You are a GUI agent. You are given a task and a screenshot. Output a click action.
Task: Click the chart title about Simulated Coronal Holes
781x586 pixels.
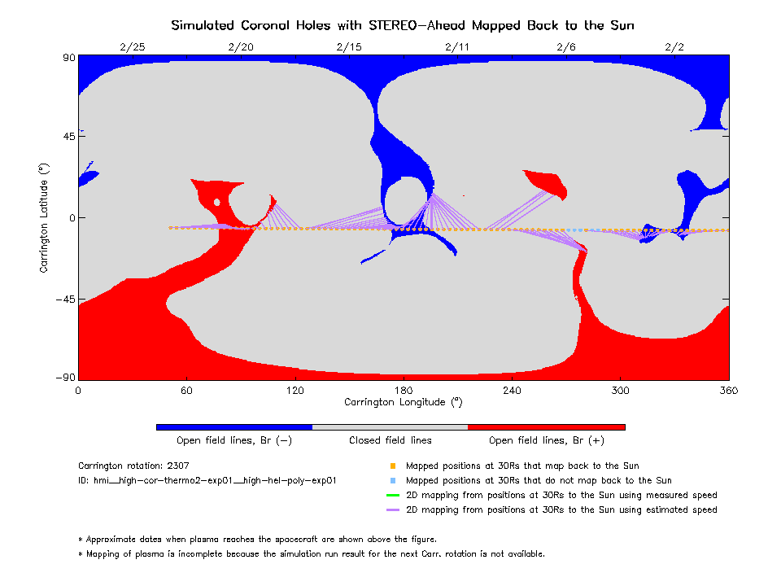(402, 25)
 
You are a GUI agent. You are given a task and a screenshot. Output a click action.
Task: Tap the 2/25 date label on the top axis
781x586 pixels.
(132, 46)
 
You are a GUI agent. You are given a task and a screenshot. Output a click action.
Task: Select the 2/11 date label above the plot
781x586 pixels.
(457, 46)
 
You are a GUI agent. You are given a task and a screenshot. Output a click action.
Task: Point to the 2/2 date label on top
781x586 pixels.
(674, 46)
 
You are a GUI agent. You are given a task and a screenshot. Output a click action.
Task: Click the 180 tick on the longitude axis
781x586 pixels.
(404, 390)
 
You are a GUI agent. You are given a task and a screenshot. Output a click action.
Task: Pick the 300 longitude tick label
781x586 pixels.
(620, 390)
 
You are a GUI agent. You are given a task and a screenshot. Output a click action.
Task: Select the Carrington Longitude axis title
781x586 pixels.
(404, 402)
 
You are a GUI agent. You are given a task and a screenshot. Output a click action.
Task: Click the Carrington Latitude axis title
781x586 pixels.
(44, 217)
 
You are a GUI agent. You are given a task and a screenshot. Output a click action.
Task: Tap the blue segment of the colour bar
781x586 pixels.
(234, 426)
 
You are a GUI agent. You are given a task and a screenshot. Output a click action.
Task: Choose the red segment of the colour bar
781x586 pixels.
(546, 426)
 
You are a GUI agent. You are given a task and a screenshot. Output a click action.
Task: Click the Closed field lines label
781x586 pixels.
(390, 440)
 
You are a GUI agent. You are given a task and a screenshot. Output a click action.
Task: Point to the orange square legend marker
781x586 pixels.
(392, 466)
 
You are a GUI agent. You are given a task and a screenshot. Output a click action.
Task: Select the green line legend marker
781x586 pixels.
(392, 496)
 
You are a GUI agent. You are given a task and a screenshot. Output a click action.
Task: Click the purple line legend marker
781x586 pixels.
(392, 510)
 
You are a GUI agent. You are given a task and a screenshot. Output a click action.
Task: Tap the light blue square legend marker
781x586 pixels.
(392, 481)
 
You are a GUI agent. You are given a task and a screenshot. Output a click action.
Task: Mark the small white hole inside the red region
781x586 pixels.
(216, 202)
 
